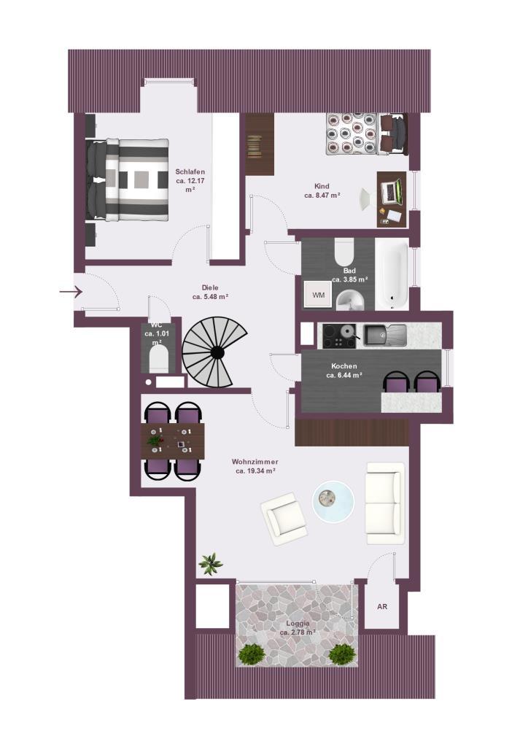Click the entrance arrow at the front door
[71, 291]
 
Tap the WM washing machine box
[318, 295]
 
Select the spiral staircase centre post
[217, 352]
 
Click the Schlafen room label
[190, 172]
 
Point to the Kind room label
[322, 186]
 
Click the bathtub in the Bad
[392, 274]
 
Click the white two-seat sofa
[385, 503]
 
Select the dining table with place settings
[174, 441]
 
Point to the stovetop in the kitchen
[339, 336]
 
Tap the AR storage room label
[382, 607]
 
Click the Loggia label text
[298, 623]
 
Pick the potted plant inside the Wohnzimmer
[211, 564]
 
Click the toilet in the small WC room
[158, 359]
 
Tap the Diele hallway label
[210, 287]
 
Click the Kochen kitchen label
[344, 366]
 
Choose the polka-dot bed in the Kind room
[352, 134]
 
